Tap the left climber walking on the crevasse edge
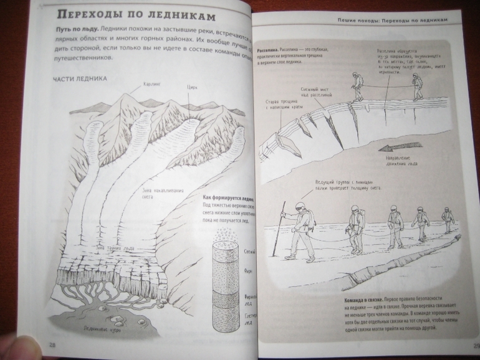coord(358,86)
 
